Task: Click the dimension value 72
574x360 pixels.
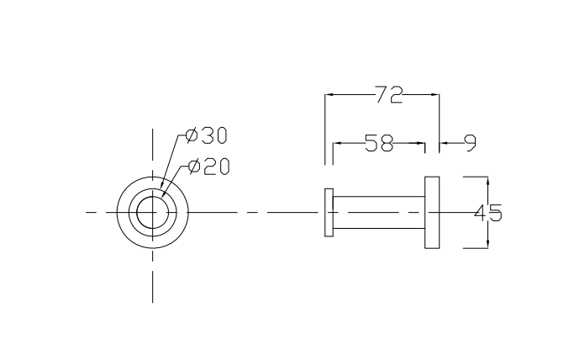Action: coord(388,94)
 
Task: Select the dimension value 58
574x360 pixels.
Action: coord(379,143)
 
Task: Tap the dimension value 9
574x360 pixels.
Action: coord(469,143)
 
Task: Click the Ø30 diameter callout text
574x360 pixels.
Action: coord(207,135)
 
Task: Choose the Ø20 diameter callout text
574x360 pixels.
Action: coord(208,166)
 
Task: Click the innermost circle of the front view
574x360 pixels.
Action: coord(152,213)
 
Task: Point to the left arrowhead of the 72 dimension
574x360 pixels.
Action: coord(330,95)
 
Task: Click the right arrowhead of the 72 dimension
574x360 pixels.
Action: coord(434,95)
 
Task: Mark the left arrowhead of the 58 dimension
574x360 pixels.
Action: coord(338,143)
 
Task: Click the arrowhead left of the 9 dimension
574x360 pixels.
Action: coord(445,143)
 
